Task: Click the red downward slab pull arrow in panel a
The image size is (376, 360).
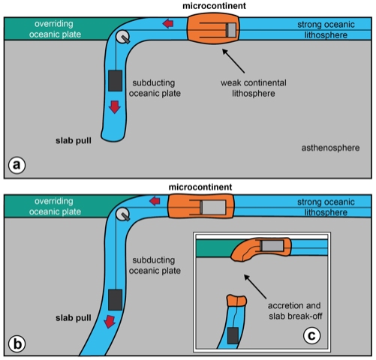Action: click(x=114, y=107)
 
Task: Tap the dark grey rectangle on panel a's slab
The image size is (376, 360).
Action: click(x=115, y=79)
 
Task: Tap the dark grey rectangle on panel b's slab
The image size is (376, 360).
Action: click(x=116, y=297)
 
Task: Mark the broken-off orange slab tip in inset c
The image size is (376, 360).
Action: click(x=236, y=301)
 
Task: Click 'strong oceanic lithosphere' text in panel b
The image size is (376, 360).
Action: click(x=323, y=207)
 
